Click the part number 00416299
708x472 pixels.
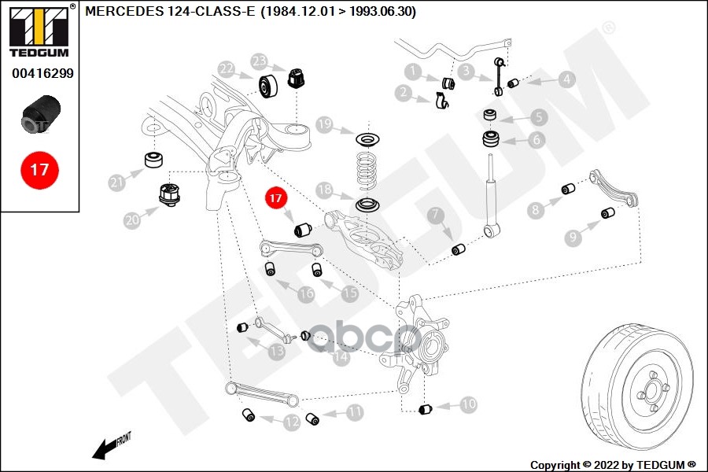point(42,73)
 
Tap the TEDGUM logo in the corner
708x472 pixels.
point(39,30)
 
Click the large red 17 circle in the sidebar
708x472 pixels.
point(39,170)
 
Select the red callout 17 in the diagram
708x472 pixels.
point(275,197)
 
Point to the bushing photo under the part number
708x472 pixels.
point(41,114)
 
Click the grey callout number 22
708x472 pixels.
point(227,69)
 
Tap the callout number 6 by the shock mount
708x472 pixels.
point(537,140)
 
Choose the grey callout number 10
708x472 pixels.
point(469,404)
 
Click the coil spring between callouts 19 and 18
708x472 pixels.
point(367,171)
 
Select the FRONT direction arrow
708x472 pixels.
point(111,446)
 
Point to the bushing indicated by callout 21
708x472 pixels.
point(153,160)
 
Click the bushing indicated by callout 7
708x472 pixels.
point(459,249)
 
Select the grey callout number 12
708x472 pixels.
point(292,422)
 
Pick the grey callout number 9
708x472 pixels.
point(573,237)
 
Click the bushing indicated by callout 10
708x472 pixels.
point(426,409)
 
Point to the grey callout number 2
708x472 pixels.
point(404,93)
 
